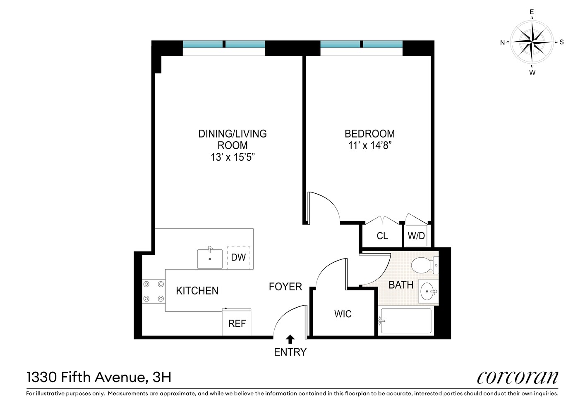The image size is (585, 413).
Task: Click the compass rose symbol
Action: pos(532,42)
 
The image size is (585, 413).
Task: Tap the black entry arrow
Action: pos(290,339)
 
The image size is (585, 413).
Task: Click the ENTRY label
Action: pos(290,352)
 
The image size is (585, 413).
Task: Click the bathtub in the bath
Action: pos(405,321)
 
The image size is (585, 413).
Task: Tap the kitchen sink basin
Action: pos(210,259)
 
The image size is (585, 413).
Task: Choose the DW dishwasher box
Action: pos(238,258)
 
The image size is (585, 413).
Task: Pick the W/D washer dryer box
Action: pos(416,236)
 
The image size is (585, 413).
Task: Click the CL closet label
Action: pos(382,236)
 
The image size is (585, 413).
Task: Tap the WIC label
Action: pos(343,314)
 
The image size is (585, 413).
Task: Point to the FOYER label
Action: pos(285,287)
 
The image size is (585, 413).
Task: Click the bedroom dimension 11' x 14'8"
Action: pos(369,145)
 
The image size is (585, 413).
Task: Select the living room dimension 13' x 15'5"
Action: pos(233,157)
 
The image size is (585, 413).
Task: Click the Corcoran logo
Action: pos(517,377)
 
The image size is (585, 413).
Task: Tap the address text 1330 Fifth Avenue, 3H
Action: pos(99,377)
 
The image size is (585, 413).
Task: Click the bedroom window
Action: pos(361,45)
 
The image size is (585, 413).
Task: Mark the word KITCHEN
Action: pos(197,291)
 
